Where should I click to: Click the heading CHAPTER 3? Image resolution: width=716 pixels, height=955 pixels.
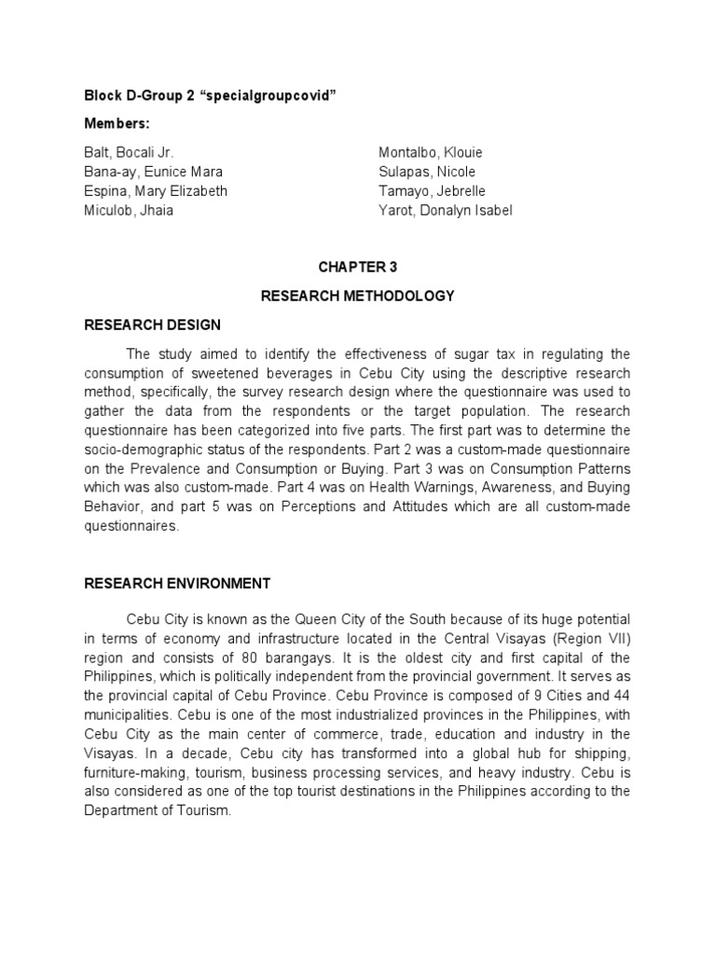pyautogui.click(x=357, y=267)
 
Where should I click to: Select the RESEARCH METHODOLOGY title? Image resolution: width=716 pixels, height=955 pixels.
pyautogui.click(x=357, y=296)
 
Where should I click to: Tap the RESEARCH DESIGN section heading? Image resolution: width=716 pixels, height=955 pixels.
pyautogui.click(x=153, y=325)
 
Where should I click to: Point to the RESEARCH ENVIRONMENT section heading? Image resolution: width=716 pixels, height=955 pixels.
pyautogui.click(x=177, y=584)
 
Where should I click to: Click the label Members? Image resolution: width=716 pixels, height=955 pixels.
pyautogui.click(x=117, y=124)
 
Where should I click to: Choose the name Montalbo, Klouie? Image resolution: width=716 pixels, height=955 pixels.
pyautogui.click(x=431, y=152)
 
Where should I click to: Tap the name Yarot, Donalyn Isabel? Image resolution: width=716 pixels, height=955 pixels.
pyautogui.click(x=445, y=210)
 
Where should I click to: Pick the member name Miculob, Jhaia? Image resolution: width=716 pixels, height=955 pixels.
pyautogui.click(x=130, y=210)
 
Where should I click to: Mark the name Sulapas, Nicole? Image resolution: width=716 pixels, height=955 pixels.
pyautogui.click(x=427, y=172)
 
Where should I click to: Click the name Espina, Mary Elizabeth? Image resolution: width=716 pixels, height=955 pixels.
pyautogui.click(x=156, y=191)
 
